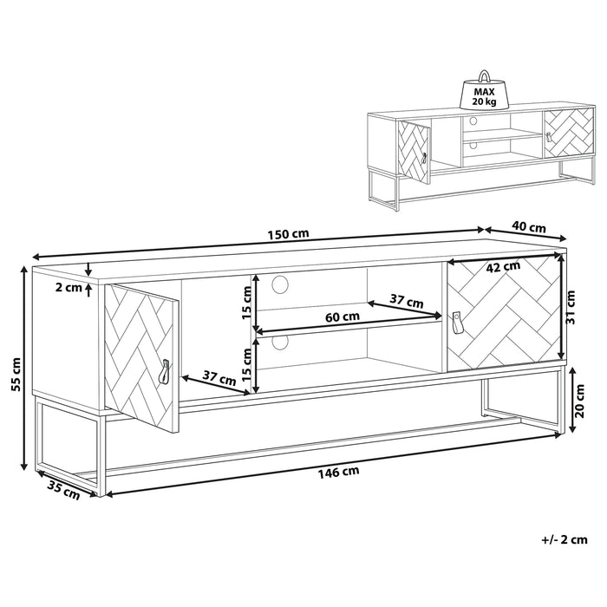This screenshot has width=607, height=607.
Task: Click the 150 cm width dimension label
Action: click(289, 235)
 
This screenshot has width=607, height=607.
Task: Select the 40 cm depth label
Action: click(529, 227)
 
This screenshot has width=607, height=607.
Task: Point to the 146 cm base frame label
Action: click(339, 472)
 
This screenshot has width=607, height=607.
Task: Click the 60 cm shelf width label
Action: click(344, 317)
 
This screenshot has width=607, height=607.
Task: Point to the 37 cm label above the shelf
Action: click(405, 303)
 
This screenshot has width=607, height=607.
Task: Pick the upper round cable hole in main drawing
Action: click(280, 283)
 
